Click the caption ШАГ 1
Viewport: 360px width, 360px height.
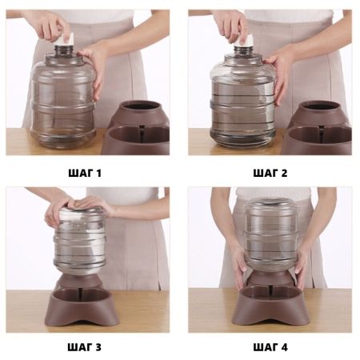[85, 174]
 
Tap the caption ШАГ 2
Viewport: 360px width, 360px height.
[270, 174]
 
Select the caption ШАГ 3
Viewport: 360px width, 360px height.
[85, 347]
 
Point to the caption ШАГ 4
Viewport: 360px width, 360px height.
[270, 347]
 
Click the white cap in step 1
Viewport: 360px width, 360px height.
[66, 39]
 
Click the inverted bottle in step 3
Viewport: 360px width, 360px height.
[79, 242]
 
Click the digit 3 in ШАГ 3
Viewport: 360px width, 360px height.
[98, 347]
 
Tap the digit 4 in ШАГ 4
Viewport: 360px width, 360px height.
[284, 347]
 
